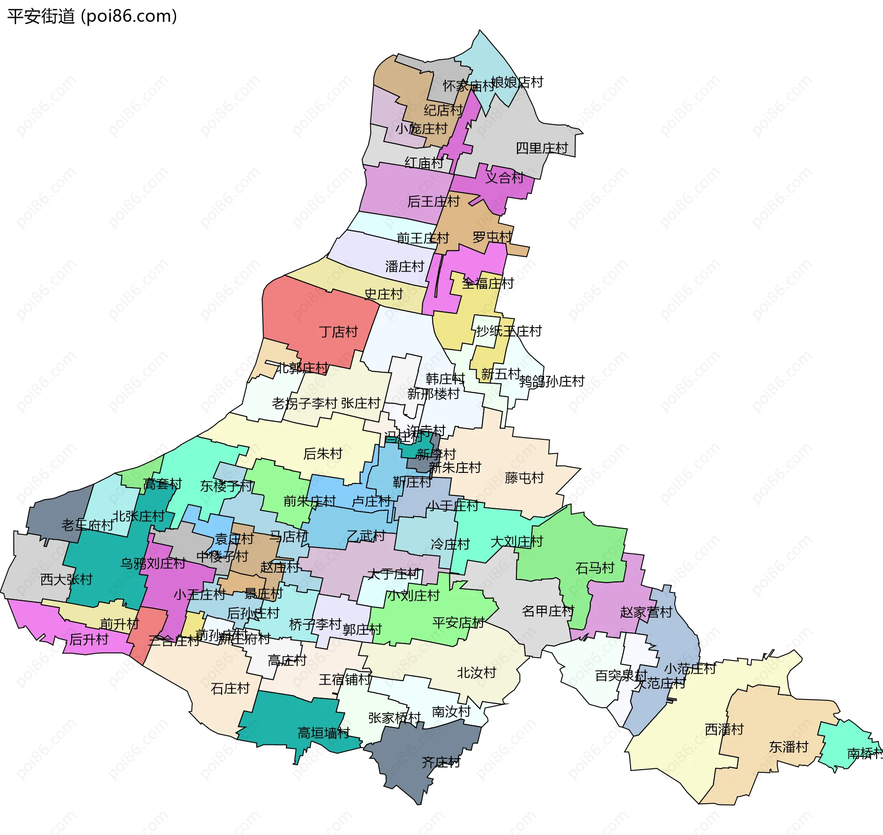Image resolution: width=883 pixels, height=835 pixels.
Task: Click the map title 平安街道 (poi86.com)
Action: pos(92,17)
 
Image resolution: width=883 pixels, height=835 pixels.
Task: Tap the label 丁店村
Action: pos(338,332)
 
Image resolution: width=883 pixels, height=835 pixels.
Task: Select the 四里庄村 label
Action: pos(542,148)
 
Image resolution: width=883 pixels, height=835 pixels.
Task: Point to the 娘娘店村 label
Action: pos(517,82)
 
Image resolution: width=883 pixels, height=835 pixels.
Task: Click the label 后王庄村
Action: pos(433,201)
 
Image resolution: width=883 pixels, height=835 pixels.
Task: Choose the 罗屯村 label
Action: pos(492,237)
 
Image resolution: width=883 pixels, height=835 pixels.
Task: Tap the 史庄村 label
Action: pos(384,294)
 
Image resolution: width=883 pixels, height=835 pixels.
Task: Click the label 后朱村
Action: pos(323,454)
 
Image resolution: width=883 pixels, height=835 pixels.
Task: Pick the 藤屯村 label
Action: pos(524,478)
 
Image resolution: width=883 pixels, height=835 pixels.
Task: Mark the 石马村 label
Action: pos(595,568)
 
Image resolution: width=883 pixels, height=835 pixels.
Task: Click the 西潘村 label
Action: pos(724,729)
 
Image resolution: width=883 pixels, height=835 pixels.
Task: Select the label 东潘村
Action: pos(789,747)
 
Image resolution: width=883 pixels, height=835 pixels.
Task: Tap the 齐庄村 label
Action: pos(441,762)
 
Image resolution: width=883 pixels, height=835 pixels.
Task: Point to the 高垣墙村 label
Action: pos(324,733)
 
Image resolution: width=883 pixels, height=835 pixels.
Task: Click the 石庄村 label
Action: pos(230,688)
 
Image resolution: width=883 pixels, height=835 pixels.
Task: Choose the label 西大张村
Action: pos(67,579)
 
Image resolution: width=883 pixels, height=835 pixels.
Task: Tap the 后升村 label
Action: pos(89,640)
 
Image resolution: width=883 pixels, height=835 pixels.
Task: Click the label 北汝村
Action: pos(476,673)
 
